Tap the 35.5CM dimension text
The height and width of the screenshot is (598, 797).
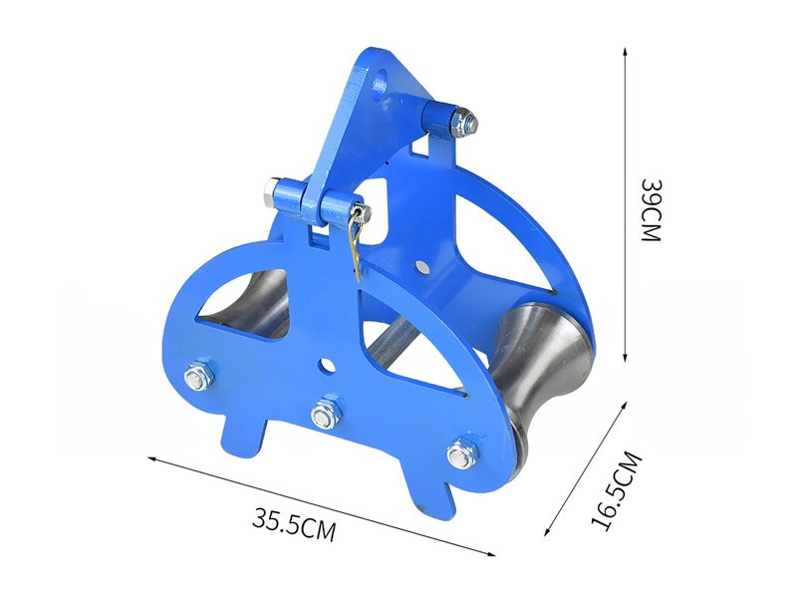294,522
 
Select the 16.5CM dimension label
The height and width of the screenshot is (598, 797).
617,490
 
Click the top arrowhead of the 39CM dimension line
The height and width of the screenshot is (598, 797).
626,52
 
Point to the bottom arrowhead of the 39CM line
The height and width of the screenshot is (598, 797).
626,358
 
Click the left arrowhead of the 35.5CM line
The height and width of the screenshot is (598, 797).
152,459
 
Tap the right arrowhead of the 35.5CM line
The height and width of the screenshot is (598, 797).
490,554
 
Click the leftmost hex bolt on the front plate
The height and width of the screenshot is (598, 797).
198,377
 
